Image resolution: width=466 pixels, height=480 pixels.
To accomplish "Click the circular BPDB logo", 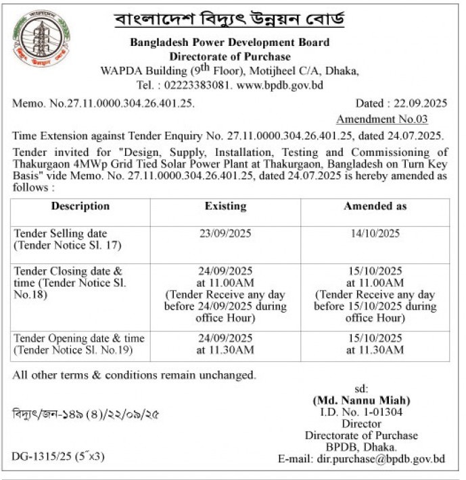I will click(41, 40).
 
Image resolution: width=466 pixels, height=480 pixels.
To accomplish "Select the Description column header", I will click(80, 206).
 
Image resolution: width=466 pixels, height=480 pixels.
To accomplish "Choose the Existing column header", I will click(225, 206).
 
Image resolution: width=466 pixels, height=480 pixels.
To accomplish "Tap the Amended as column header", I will click(375, 206).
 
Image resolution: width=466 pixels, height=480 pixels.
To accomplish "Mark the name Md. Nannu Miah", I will click(361, 400).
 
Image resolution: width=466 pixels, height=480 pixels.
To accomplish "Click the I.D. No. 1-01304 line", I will click(361, 412).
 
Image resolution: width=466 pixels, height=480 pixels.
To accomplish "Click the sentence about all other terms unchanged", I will click(134, 375).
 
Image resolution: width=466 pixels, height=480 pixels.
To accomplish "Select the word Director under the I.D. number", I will click(361, 424).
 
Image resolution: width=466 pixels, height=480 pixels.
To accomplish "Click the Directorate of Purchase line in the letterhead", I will click(230, 57).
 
